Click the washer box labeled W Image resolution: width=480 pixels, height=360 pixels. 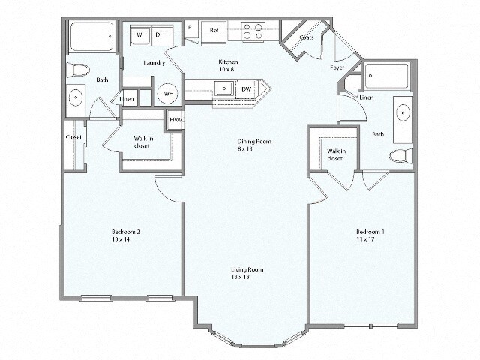[x=139, y=35]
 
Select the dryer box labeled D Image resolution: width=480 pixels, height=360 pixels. [x=158, y=35]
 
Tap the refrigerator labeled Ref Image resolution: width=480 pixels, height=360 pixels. [x=214, y=30]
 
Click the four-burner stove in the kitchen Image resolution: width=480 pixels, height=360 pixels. [x=253, y=31]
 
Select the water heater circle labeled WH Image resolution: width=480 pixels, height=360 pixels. [x=169, y=94]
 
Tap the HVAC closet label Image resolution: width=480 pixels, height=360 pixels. [x=176, y=119]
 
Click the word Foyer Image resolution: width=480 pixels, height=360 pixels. [x=337, y=67]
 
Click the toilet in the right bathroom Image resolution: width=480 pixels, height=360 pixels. [x=400, y=156]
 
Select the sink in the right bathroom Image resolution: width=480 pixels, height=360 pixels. [x=403, y=114]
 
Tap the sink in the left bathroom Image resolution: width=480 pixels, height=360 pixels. [x=75, y=98]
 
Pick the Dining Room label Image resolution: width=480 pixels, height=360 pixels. [x=255, y=142]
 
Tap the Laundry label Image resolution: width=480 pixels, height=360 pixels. [x=154, y=63]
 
